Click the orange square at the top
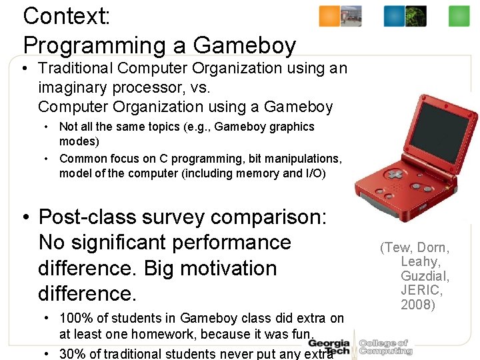click(329, 16)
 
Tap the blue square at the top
click(394, 16)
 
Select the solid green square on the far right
click(459, 16)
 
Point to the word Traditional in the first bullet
click(77, 68)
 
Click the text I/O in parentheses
click(314, 173)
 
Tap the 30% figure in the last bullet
click(73, 353)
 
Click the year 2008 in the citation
click(421, 305)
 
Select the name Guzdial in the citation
click(425, 276)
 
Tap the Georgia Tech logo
click(329, 347)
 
